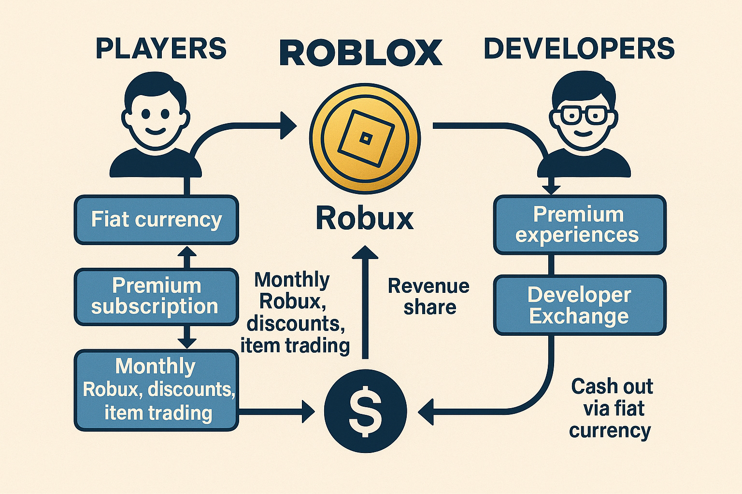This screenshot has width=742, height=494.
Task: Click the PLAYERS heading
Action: coord(161,49)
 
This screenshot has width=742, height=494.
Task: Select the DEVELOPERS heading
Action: coord(579,49)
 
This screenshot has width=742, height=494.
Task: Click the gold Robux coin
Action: coord(365,139)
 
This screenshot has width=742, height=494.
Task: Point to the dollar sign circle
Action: coord(365,411)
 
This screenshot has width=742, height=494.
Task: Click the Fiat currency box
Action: coord(156,220)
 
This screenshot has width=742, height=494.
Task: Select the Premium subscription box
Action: coord(156,296)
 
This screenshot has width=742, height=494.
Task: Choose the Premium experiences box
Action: coord(579,225)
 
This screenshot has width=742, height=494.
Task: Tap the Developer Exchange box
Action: coord(579,305)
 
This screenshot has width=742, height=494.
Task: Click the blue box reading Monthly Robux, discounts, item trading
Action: coord(156,390)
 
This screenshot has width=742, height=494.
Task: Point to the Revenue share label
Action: coord(428,296)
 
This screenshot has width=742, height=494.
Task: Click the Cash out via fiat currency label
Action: coord(611,408)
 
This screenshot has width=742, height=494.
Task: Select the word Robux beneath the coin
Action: coord(365,218)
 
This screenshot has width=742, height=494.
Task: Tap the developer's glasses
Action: coord(584,115)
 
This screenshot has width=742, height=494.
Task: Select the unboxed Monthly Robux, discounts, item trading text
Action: coord(295,313)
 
